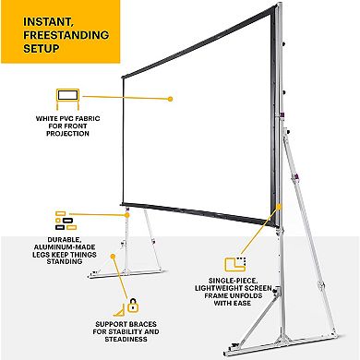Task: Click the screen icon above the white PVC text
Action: (68, 97)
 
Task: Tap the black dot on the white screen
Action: (171, 97)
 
